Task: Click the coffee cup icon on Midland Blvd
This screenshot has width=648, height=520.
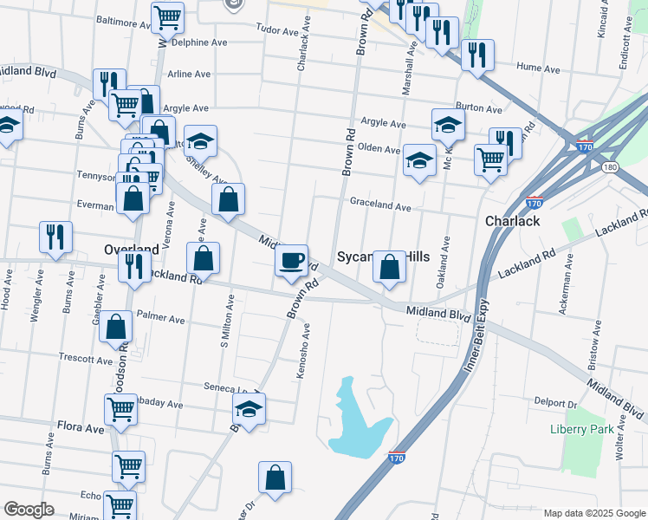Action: click(x=291, y=259)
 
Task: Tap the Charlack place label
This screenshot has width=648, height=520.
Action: click(x=512, y=221)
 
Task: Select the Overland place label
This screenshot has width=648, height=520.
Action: click(x=131, y=249)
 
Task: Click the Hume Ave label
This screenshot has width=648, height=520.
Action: click(x=534, y=66)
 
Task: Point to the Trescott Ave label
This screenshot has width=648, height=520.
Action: click(x=86, y=358)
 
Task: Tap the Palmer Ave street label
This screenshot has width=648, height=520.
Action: click(x=160, y=319)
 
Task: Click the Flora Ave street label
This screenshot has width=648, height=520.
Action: click(x=81, y=428)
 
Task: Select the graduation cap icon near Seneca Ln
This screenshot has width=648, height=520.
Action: click(x=249, y=409)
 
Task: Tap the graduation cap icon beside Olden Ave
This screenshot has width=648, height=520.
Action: click(x=418, y=159)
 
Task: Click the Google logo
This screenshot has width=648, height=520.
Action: click(x=29, y=510)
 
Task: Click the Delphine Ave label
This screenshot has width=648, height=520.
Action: click(x=198, y=41)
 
